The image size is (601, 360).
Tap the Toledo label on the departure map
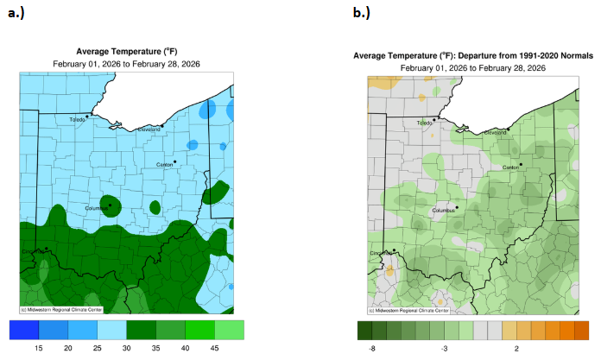pos(425,123)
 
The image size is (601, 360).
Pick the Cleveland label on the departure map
pos(495,133)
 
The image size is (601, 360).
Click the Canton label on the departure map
pos(510,167)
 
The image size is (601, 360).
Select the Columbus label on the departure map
pos(443,211)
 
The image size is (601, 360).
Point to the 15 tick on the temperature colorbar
pos(39,347)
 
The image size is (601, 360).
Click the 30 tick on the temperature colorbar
pos(126,347)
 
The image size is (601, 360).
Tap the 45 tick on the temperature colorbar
pos(214,347)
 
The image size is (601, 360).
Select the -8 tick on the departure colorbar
pos(372,347)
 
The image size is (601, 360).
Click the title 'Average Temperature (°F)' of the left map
pos(127,52)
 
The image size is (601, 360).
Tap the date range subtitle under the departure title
pos(472,67)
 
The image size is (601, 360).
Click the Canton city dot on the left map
pos(174,161)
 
